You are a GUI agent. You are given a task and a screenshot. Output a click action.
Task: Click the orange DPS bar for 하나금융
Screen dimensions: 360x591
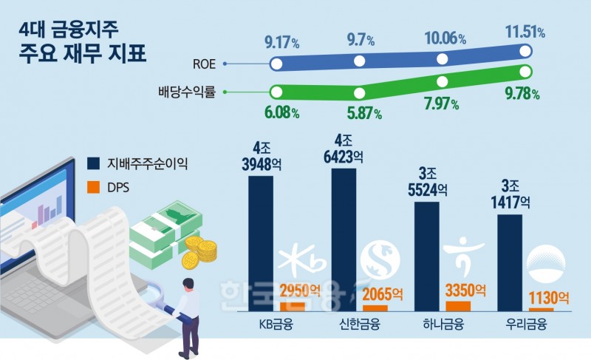click(x=458, y=306)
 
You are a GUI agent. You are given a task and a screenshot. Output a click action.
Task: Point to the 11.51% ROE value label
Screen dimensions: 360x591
click(x=525, y=32)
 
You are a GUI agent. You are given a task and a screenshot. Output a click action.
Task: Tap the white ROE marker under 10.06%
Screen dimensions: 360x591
click(x=443, y=59)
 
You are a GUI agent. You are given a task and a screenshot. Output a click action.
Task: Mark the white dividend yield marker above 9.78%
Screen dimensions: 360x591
click(x=526, y=72)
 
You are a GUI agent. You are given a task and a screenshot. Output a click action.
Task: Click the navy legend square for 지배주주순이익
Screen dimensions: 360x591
click(x=93, y=163)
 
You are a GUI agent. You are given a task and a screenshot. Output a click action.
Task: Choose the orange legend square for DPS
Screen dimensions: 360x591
click(x=93, y=187)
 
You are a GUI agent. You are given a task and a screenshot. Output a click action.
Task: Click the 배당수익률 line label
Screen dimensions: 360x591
click(x=186, y=93)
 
